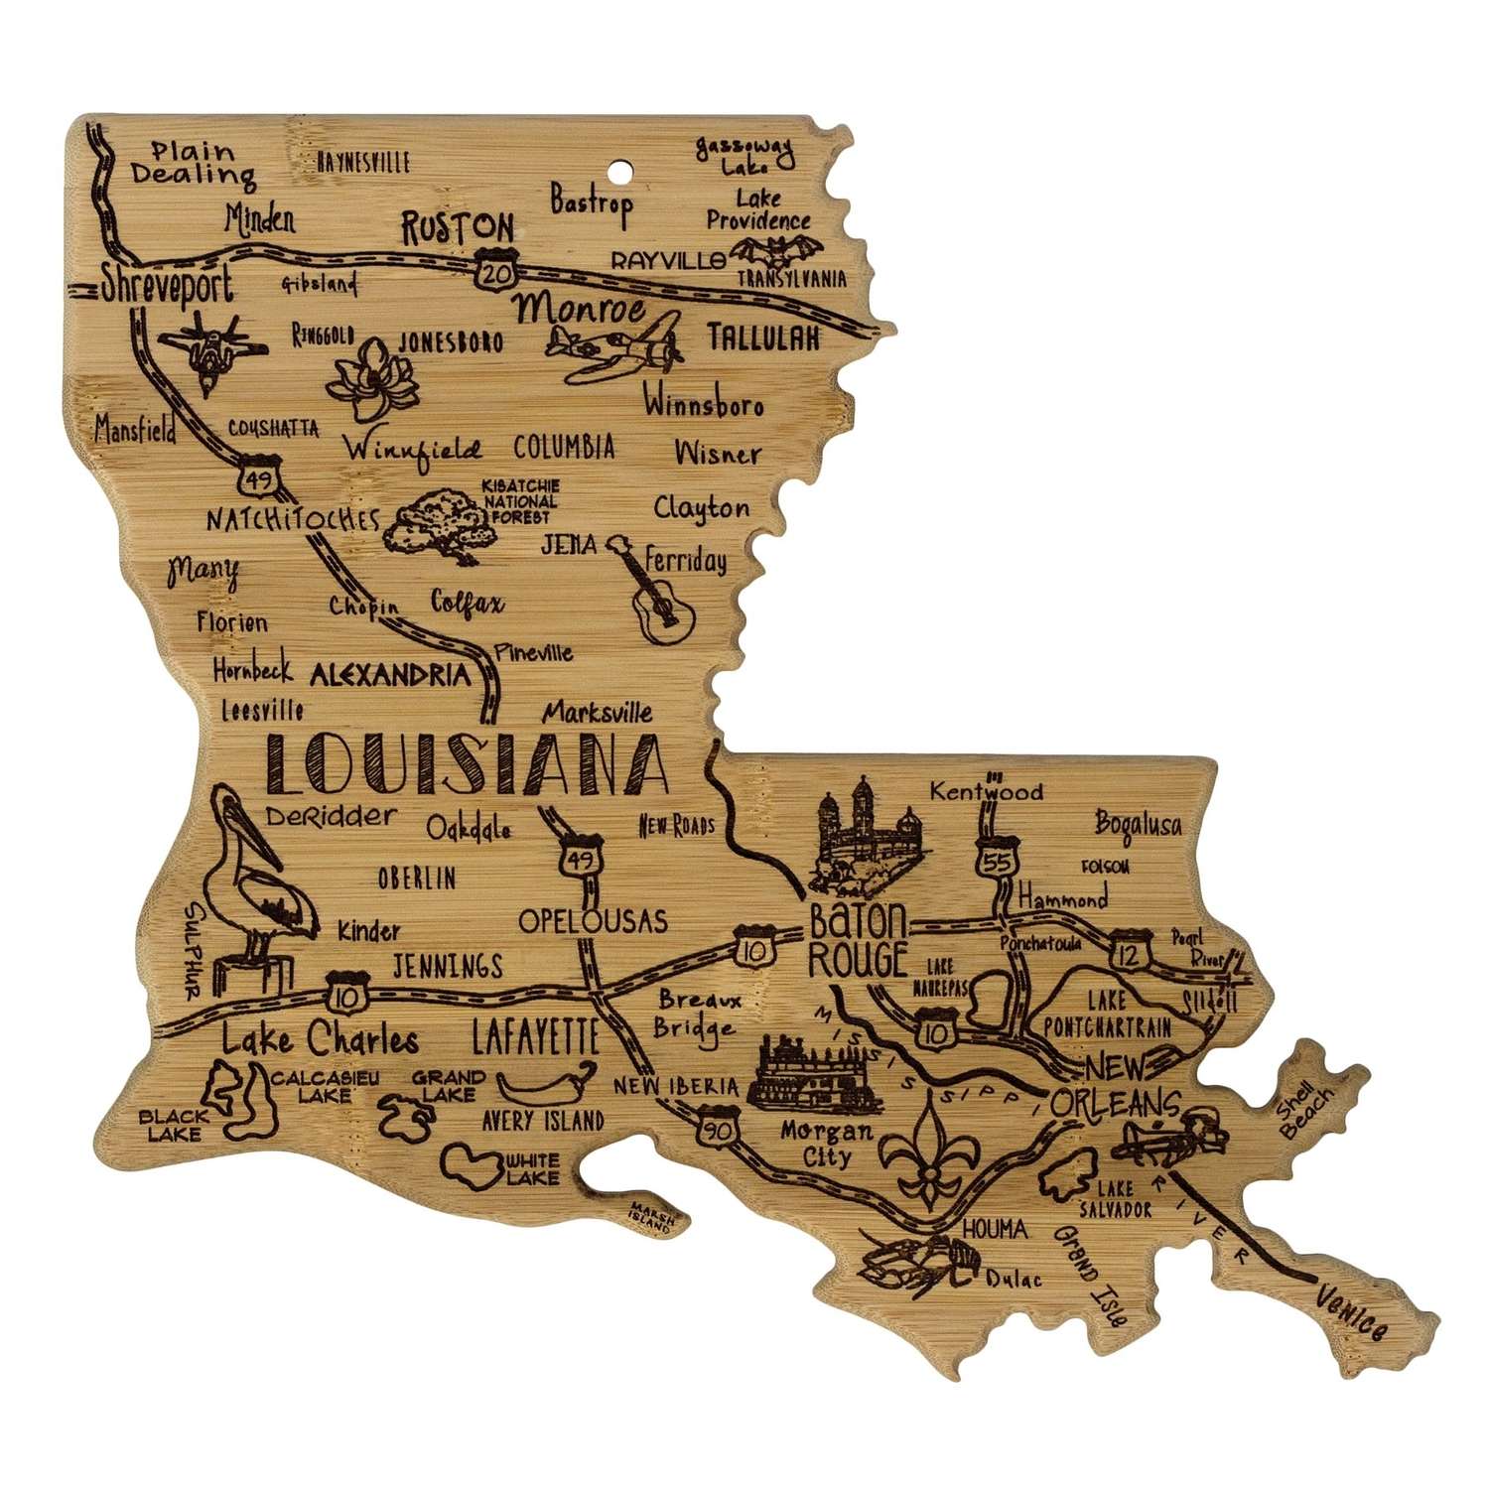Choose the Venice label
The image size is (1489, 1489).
[x=1351, y=1310]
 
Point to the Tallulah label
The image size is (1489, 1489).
[x=763, y=338]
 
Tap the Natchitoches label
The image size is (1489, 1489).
[x=293, y=518]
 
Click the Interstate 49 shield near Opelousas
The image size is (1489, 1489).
[x=580, y=858]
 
